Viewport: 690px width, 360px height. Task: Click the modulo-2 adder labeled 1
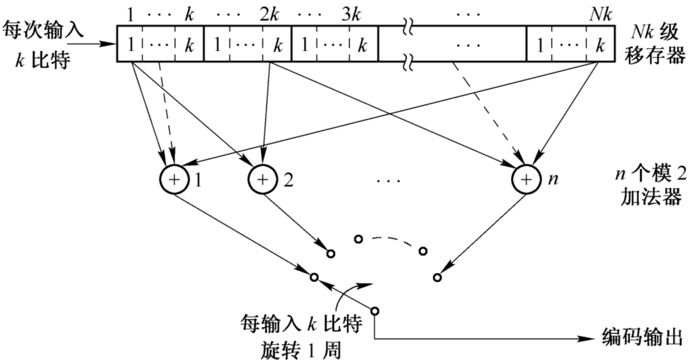(x=174, y=179)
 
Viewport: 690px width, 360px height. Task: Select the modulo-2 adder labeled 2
(x=262, y=179)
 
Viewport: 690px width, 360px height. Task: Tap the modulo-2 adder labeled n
(x=526, y=179)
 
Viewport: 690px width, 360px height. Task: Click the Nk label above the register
(x=600, y=15)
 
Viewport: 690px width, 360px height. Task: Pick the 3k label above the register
(x=351, y=15)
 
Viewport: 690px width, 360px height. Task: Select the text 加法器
(x=651, y=198)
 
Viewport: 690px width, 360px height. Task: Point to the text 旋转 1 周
(x=301, y=350)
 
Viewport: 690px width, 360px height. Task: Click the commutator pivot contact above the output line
(x=375, y=311)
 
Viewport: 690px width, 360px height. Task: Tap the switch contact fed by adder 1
(x=314, y=277)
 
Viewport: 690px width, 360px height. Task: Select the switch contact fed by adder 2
(x=331, y=253)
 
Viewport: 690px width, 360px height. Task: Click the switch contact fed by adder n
(x=437, y=277)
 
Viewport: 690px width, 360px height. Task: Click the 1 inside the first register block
(x=130, y=45)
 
